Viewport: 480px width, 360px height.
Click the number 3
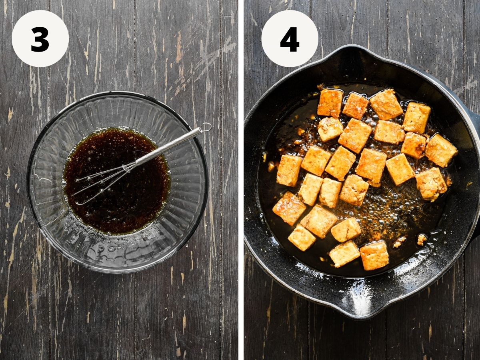coord(40,39)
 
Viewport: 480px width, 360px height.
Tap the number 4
coord(290,39)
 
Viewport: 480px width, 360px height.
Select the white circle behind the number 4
coord(290,38)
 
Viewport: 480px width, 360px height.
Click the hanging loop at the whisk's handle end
coord(206,127)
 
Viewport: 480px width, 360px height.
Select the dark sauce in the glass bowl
coord(116,182)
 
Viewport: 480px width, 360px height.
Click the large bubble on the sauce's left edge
coord(64,183)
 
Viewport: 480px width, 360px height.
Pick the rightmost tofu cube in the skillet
coord(441,151)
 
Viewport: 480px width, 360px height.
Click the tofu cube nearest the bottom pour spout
coord(374,255)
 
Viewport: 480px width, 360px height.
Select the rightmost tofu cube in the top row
coord(417,118)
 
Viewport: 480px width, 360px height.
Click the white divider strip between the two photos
coord(241,180)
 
